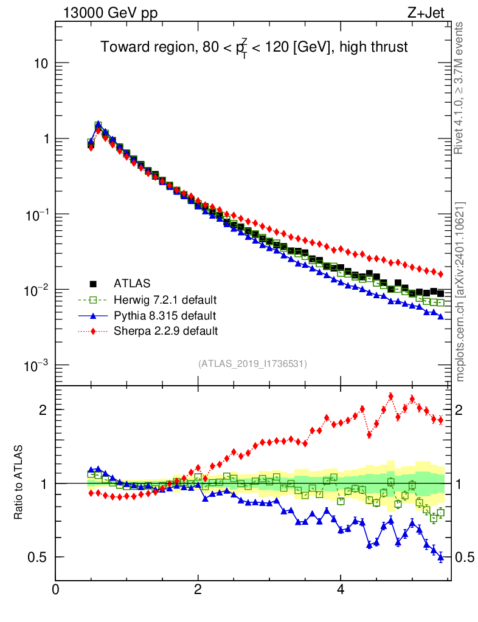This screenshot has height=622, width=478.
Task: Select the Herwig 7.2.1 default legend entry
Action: tap(165, 299)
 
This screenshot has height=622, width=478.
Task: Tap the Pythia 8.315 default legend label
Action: tap(164, 315)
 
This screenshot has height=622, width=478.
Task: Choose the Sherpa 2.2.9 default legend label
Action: tap(165, 331)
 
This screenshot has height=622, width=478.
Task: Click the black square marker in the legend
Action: tap(94, 283)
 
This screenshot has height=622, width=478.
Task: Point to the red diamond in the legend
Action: tap(94, 331)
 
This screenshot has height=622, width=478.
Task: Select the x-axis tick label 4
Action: tap(341, 589)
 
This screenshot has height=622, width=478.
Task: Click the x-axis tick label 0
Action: tap(55, 589)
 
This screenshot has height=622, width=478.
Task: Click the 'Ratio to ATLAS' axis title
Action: tap(19, 482)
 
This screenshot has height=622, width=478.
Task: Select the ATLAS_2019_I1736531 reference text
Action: tap(252, 364)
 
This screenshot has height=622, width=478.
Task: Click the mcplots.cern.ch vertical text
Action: tap(460, 291)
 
